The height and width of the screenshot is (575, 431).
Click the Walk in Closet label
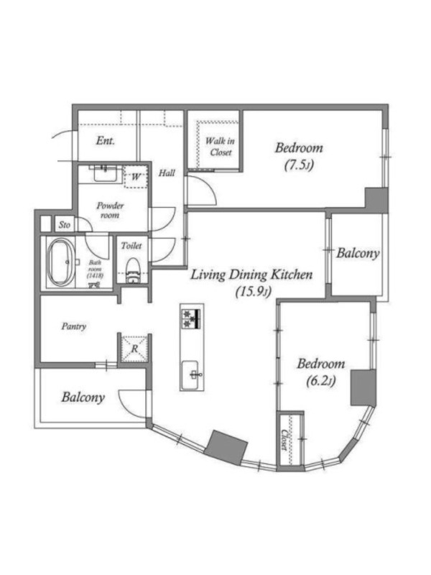click(220, 147)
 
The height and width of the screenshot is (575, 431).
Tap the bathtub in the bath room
click(60, 262)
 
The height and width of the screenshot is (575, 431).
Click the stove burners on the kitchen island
click(192, 318)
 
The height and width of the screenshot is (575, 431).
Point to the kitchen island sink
click(190, 374)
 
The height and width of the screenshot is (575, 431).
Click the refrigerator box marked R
click(134, 349)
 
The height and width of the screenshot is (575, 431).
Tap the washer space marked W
click(136, 177)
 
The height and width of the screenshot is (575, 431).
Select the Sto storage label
click(65, 225)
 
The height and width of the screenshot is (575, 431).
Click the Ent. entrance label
click(105, 140)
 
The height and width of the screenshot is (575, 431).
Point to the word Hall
click(167, 173)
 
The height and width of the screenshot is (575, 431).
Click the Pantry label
click(74, 326)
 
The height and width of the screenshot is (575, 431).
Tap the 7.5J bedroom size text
click(299, 165)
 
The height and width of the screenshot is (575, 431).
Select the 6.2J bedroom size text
click(320, 382)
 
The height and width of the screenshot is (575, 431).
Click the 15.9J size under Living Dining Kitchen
click(253, 292)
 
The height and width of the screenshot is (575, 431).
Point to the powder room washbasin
click(107, 173)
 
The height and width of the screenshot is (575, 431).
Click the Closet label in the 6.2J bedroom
click(284, 440)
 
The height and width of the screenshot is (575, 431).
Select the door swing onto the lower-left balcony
click(134, 404)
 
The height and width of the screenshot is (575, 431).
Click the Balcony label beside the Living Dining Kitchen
click(358, 254)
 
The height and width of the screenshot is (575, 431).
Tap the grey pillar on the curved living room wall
click(226, 448)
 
